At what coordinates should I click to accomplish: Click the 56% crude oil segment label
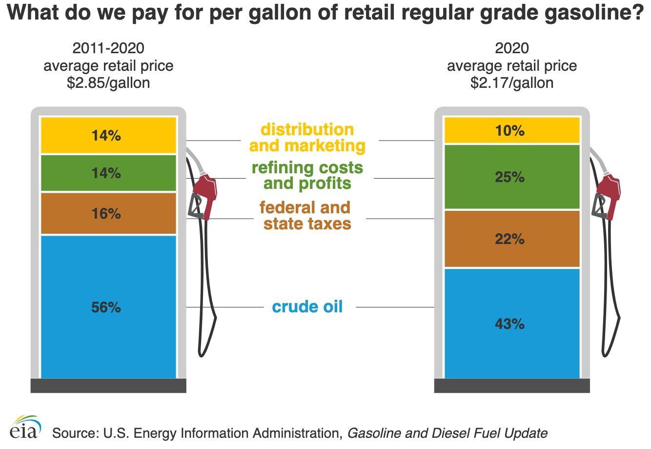click(106, 307)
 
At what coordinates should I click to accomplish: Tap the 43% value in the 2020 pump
click(509, 324)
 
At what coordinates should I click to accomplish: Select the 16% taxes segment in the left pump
click(106, 214)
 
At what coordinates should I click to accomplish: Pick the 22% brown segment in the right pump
click(509, 239)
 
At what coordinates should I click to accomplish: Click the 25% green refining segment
click(509, 177)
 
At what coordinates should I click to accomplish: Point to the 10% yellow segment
click(509, 131)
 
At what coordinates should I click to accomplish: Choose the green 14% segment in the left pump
click(106, 173)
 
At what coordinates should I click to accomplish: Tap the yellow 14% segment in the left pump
click(106, 136)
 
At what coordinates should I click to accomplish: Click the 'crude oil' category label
click(307, 307)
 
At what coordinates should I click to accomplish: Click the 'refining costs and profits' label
click(307, 175)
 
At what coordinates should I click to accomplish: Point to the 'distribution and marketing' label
click(307, 138)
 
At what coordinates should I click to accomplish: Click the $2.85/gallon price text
click(108, 82)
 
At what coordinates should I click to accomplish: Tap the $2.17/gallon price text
click(512, 82)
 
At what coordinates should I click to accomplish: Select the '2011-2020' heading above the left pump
click(108, 48)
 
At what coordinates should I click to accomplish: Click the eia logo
click(25, 429)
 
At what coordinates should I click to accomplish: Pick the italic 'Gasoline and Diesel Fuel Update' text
click(447, 433)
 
